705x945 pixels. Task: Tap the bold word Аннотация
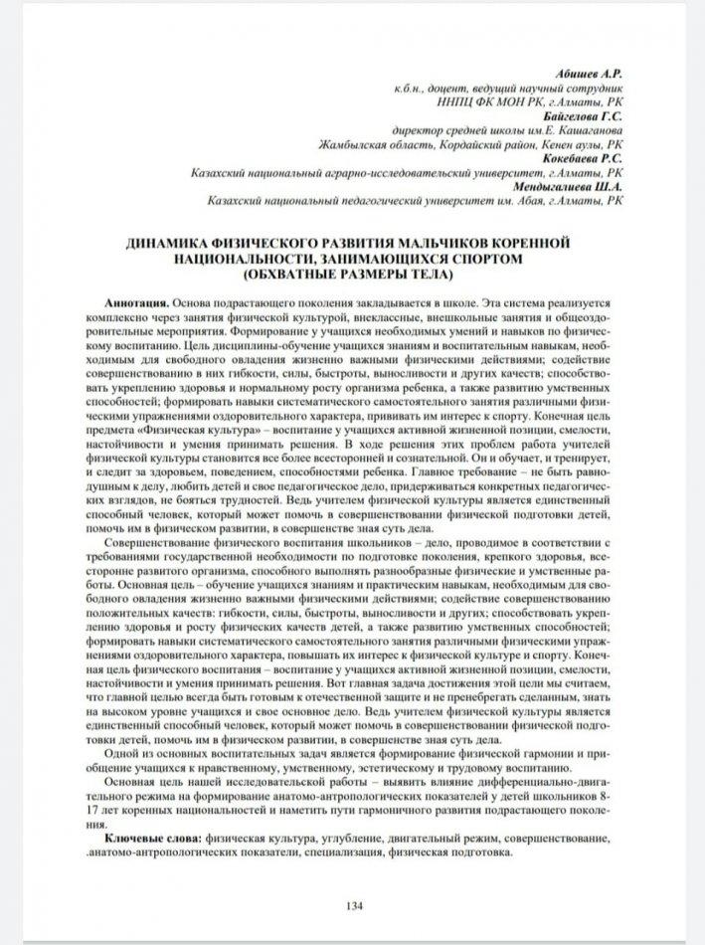(136, 300)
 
